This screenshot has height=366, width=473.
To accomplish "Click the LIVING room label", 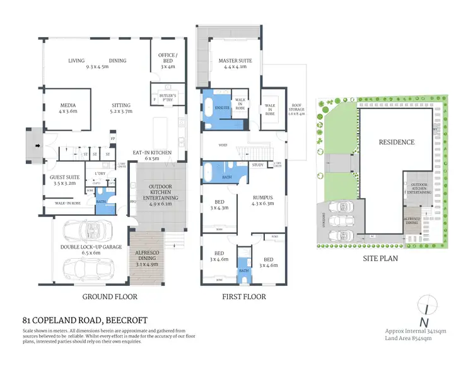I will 76,61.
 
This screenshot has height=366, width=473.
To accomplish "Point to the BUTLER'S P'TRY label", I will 168,99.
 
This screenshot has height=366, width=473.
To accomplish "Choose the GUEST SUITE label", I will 64,177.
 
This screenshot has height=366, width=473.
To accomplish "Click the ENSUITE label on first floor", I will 223,107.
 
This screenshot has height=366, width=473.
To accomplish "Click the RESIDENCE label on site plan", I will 397,142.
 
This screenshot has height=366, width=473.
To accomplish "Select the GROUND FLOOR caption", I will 110,296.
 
